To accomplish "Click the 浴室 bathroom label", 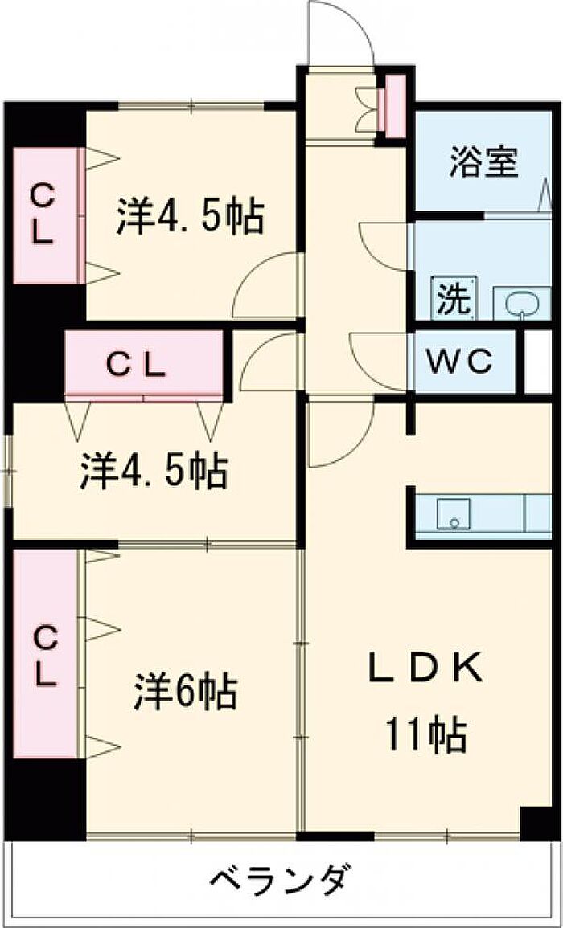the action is (x=483, y=164).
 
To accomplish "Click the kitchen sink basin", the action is (x=454, y=513).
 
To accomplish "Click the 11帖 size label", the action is (x=425, y=733).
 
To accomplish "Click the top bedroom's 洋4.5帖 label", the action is (x=190, y=217).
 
